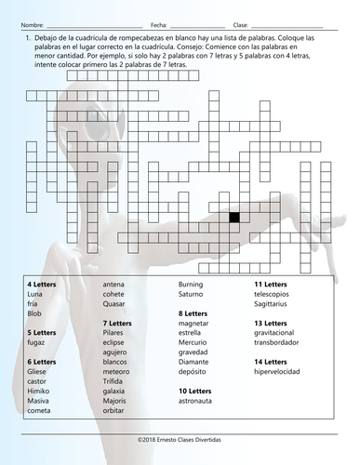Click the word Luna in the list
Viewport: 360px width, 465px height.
35,293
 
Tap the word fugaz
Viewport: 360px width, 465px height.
37,344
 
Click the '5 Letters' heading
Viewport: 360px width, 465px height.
42,332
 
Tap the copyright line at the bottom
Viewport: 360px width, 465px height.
180,447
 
